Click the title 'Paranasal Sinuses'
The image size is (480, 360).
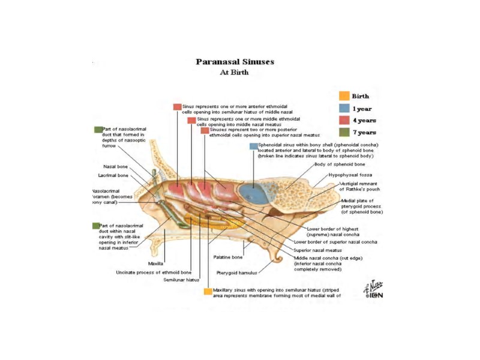235,62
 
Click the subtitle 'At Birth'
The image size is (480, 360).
235,73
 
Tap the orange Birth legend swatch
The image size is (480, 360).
344,96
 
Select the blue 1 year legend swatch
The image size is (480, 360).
344,108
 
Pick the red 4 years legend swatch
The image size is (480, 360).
344,120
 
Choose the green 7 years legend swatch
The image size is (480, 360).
344,132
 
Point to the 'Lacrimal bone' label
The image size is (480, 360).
113,175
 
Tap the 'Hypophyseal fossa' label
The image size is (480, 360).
350,175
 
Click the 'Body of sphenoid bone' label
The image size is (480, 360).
340,164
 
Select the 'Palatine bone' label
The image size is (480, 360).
228,257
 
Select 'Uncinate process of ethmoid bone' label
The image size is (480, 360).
153,272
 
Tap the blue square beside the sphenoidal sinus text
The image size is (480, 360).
253,146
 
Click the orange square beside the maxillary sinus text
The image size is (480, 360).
208,292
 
